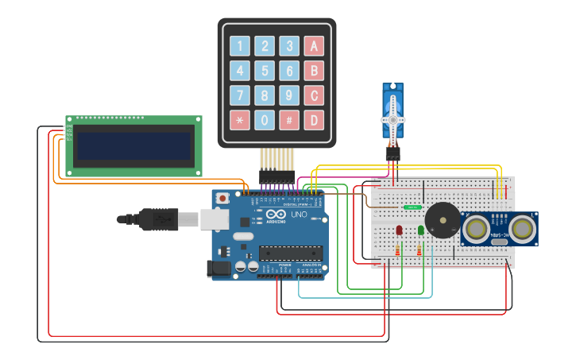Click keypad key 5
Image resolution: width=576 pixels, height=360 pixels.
265,72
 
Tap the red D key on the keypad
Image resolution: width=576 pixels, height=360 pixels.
315,120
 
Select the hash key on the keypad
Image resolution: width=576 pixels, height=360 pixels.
290,120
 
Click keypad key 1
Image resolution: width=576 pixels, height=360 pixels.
239,46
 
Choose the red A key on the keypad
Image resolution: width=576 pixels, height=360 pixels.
315,46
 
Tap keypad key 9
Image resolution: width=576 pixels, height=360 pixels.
290,96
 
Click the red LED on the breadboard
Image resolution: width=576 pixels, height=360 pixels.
399,230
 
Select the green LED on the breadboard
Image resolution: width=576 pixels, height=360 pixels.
419,230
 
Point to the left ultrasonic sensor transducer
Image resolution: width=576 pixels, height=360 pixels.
477,228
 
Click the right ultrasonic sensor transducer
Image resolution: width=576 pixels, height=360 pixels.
521,228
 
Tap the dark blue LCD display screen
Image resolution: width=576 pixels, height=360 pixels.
133,145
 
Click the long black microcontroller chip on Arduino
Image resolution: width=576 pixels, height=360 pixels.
291,253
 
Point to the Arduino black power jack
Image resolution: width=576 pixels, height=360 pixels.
219,270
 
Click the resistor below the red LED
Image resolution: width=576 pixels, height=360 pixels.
399,251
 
